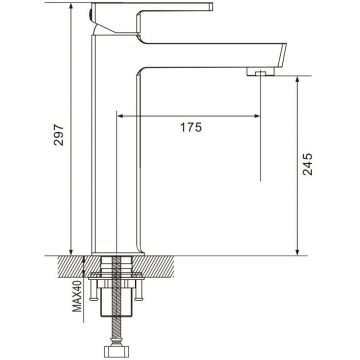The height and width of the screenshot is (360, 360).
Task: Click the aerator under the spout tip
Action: pyautogui.click(x=262, y=72)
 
